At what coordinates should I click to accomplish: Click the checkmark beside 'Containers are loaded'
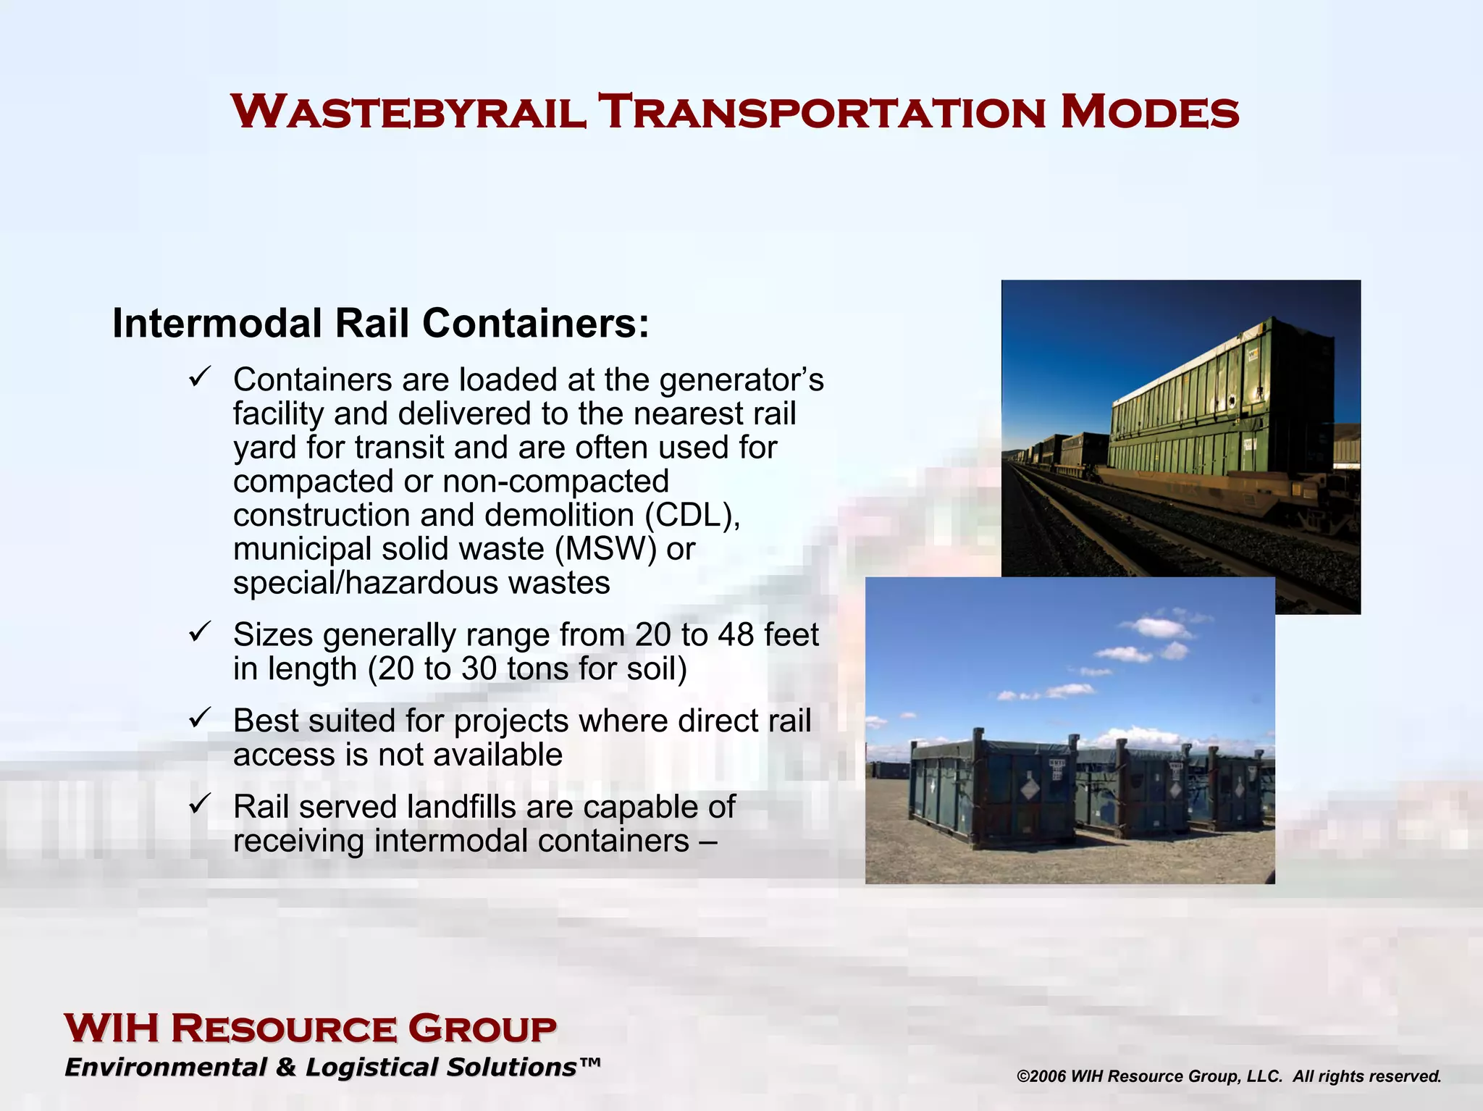pyautogui.click(x=199, y=377)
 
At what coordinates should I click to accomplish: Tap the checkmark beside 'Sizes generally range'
pyautogui.click(x=199, y=632)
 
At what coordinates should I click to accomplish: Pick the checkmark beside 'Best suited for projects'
pyautogui.click(x=199, y=718)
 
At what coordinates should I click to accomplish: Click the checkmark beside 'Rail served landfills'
pyautogui.click(x=199, y=804)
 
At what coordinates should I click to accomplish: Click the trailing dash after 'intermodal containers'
pyautogui.click(x=708, y=841)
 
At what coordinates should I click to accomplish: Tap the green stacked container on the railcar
pyautogui.click(x=1224, y=406)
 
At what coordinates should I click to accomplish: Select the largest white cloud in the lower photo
pyautogui.click(x=1162, y=627)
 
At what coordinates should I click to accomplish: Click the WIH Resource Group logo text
pyautogui.click(x=310, y=1029)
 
